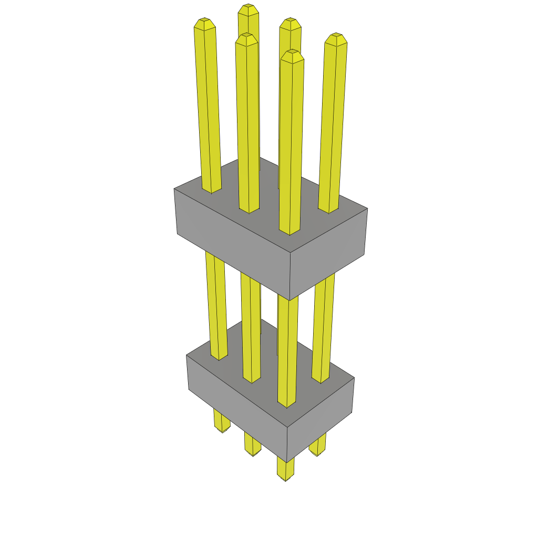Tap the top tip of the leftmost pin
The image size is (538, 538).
coord(204,23)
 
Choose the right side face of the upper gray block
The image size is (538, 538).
coord(328,252)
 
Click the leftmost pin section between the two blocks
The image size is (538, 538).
coord(216,305)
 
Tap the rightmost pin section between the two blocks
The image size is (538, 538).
coord(323,326)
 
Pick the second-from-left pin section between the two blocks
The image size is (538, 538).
coord(251,326)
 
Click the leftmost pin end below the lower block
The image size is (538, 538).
coord(222,423)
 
